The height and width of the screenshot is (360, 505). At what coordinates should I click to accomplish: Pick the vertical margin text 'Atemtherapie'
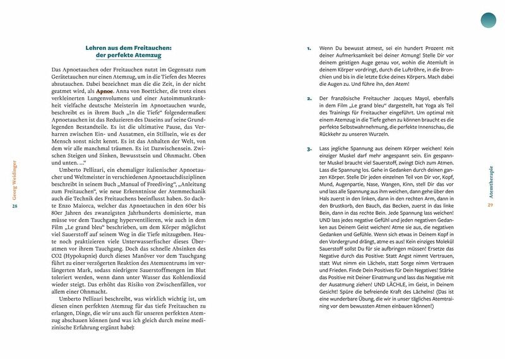[490, 181]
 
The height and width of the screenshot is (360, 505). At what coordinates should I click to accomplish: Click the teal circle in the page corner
[489, 20]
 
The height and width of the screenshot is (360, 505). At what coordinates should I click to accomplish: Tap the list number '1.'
[309, 48]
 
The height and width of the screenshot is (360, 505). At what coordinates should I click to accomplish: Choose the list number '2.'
[309, 99]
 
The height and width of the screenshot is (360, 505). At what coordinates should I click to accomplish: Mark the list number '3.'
[309, 149]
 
